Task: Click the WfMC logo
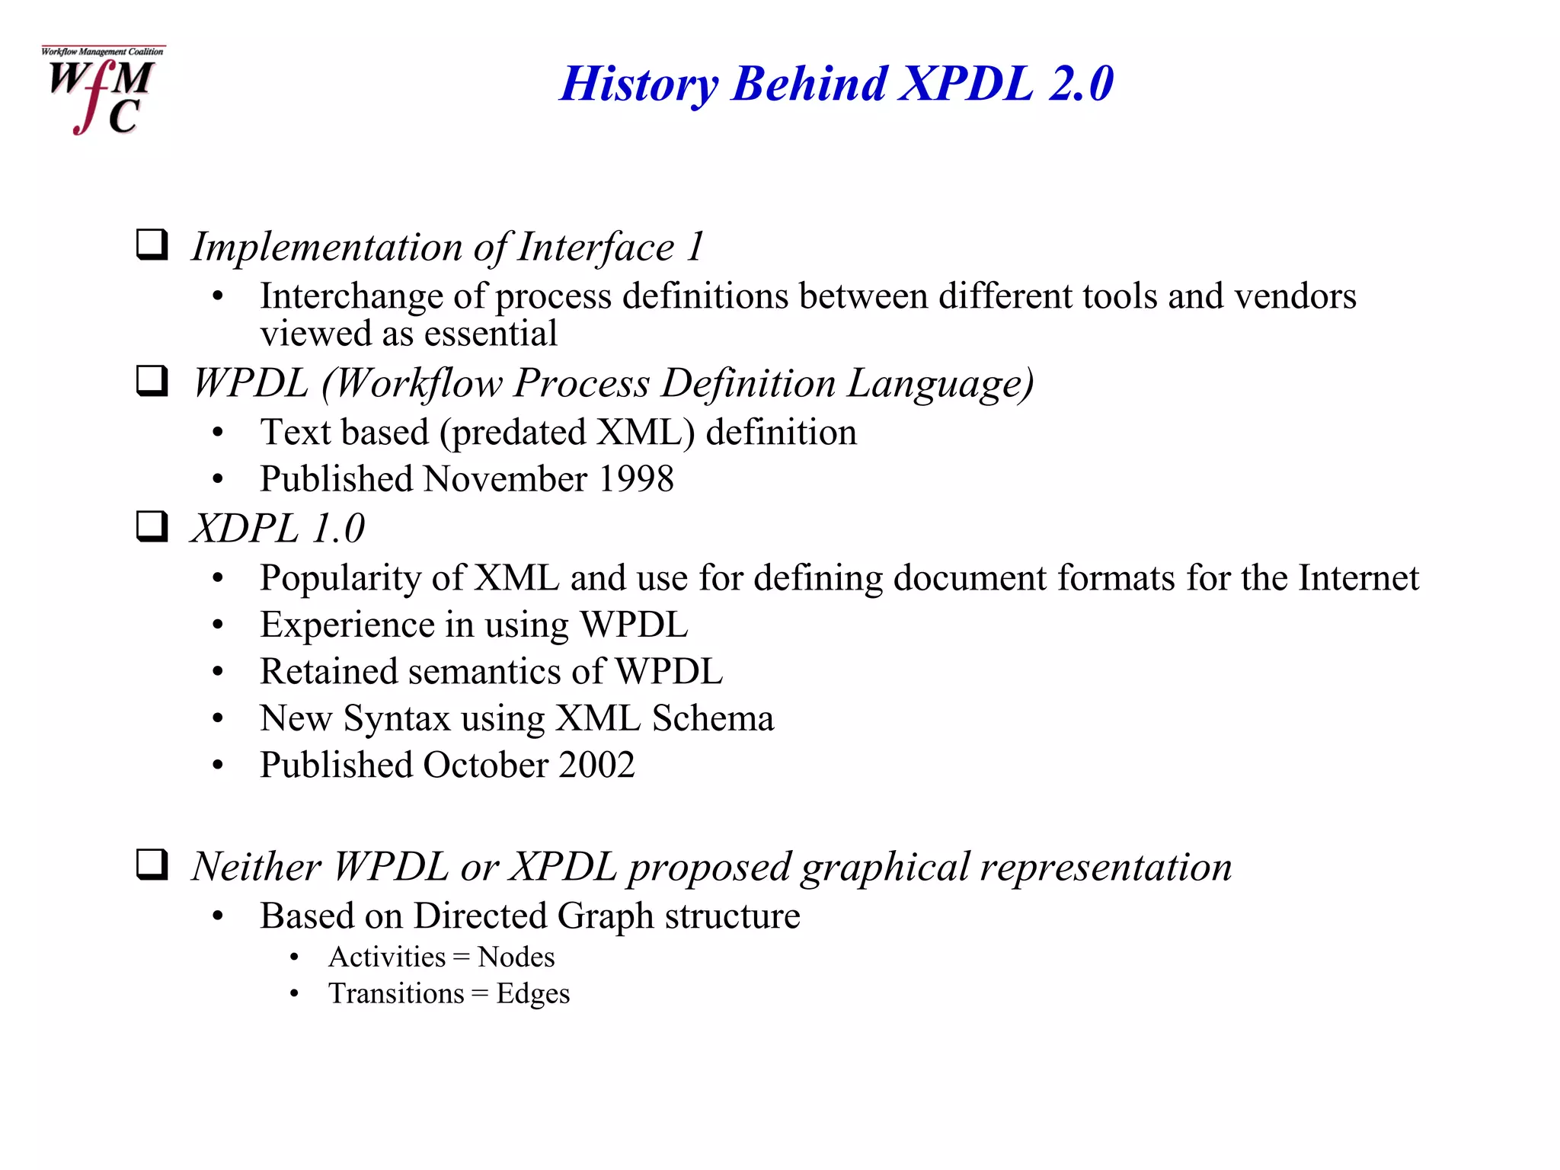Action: click(x=102, y=90)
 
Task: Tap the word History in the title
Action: click(x=638, y=83)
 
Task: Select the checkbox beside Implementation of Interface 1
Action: click(x=152, y=245)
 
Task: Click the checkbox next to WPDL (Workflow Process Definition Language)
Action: click(x=152, y=381)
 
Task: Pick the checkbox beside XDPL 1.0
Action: click(x=152, y=526)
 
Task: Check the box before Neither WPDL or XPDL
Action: click(x=152, y=865)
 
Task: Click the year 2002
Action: click(x=596, y=765)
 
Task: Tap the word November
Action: click(x=505, y=479)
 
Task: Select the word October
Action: click(x=485, y=765)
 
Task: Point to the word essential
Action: click(x=491, y=334)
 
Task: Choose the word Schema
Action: click(x=713, y=718)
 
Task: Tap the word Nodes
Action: click(x=516, y=957)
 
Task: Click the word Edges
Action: click(x=532, y=993)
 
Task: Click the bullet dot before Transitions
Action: click(x=294, y=994)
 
